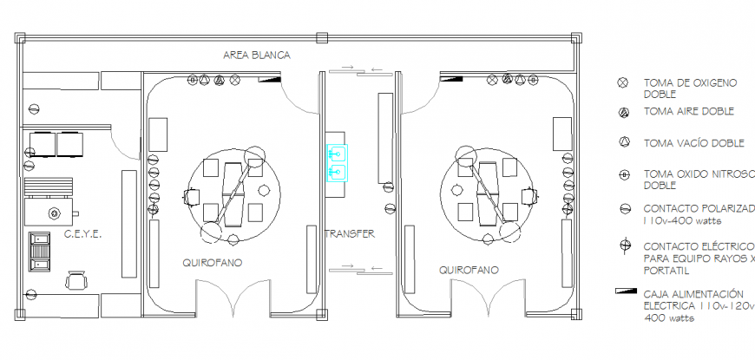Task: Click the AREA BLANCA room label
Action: (x=256, y=55)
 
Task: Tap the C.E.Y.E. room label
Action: (x=83, y=234)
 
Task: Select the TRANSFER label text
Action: (x=351, y=233)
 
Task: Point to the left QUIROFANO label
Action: (x=212, y=261)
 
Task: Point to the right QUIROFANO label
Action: (x=469, y=270)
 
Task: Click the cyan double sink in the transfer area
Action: (x=337, y=162)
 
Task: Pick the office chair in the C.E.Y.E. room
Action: (x=76, y=279)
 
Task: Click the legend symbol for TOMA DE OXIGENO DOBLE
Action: (x=622, y=83)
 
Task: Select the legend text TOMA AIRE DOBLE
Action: (x=689, y=112)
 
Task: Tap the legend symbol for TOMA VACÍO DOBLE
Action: (x=622, y=141)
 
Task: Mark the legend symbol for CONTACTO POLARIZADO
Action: (x=622, y=209)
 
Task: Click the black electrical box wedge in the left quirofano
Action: (x=272, y=78)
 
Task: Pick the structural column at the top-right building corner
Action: (x=577, y=37)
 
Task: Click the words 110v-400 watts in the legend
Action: (x=681, y=221)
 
